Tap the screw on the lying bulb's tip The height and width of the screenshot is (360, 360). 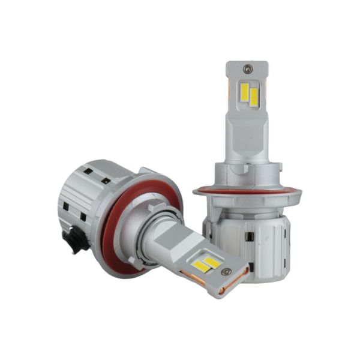(226, 271)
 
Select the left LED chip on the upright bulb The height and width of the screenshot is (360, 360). (245, 92)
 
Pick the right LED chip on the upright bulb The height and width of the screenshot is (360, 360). (254, 97)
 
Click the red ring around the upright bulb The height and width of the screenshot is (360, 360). (247, 192)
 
